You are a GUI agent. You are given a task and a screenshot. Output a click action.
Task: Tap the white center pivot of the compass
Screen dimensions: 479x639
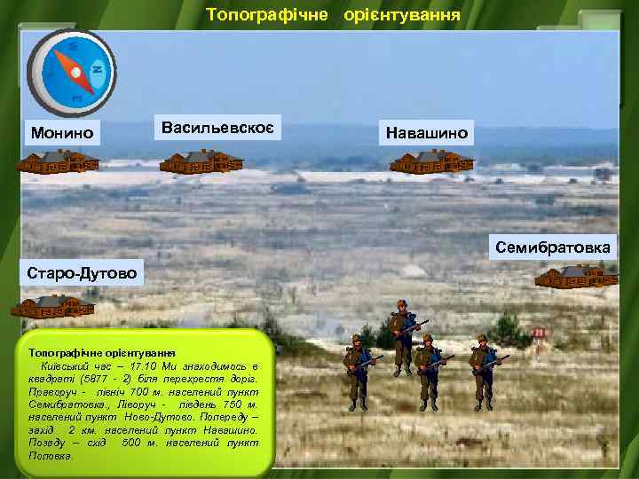click(75, 70)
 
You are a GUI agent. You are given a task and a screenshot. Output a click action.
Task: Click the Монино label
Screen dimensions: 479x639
click(60, 133)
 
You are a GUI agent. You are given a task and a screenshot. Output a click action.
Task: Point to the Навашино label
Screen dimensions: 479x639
click(429, 133)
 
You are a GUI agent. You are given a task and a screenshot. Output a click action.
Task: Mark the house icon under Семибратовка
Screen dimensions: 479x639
click(576, 277)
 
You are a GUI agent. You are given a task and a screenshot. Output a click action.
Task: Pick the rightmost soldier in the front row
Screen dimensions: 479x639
click(483, 372)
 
